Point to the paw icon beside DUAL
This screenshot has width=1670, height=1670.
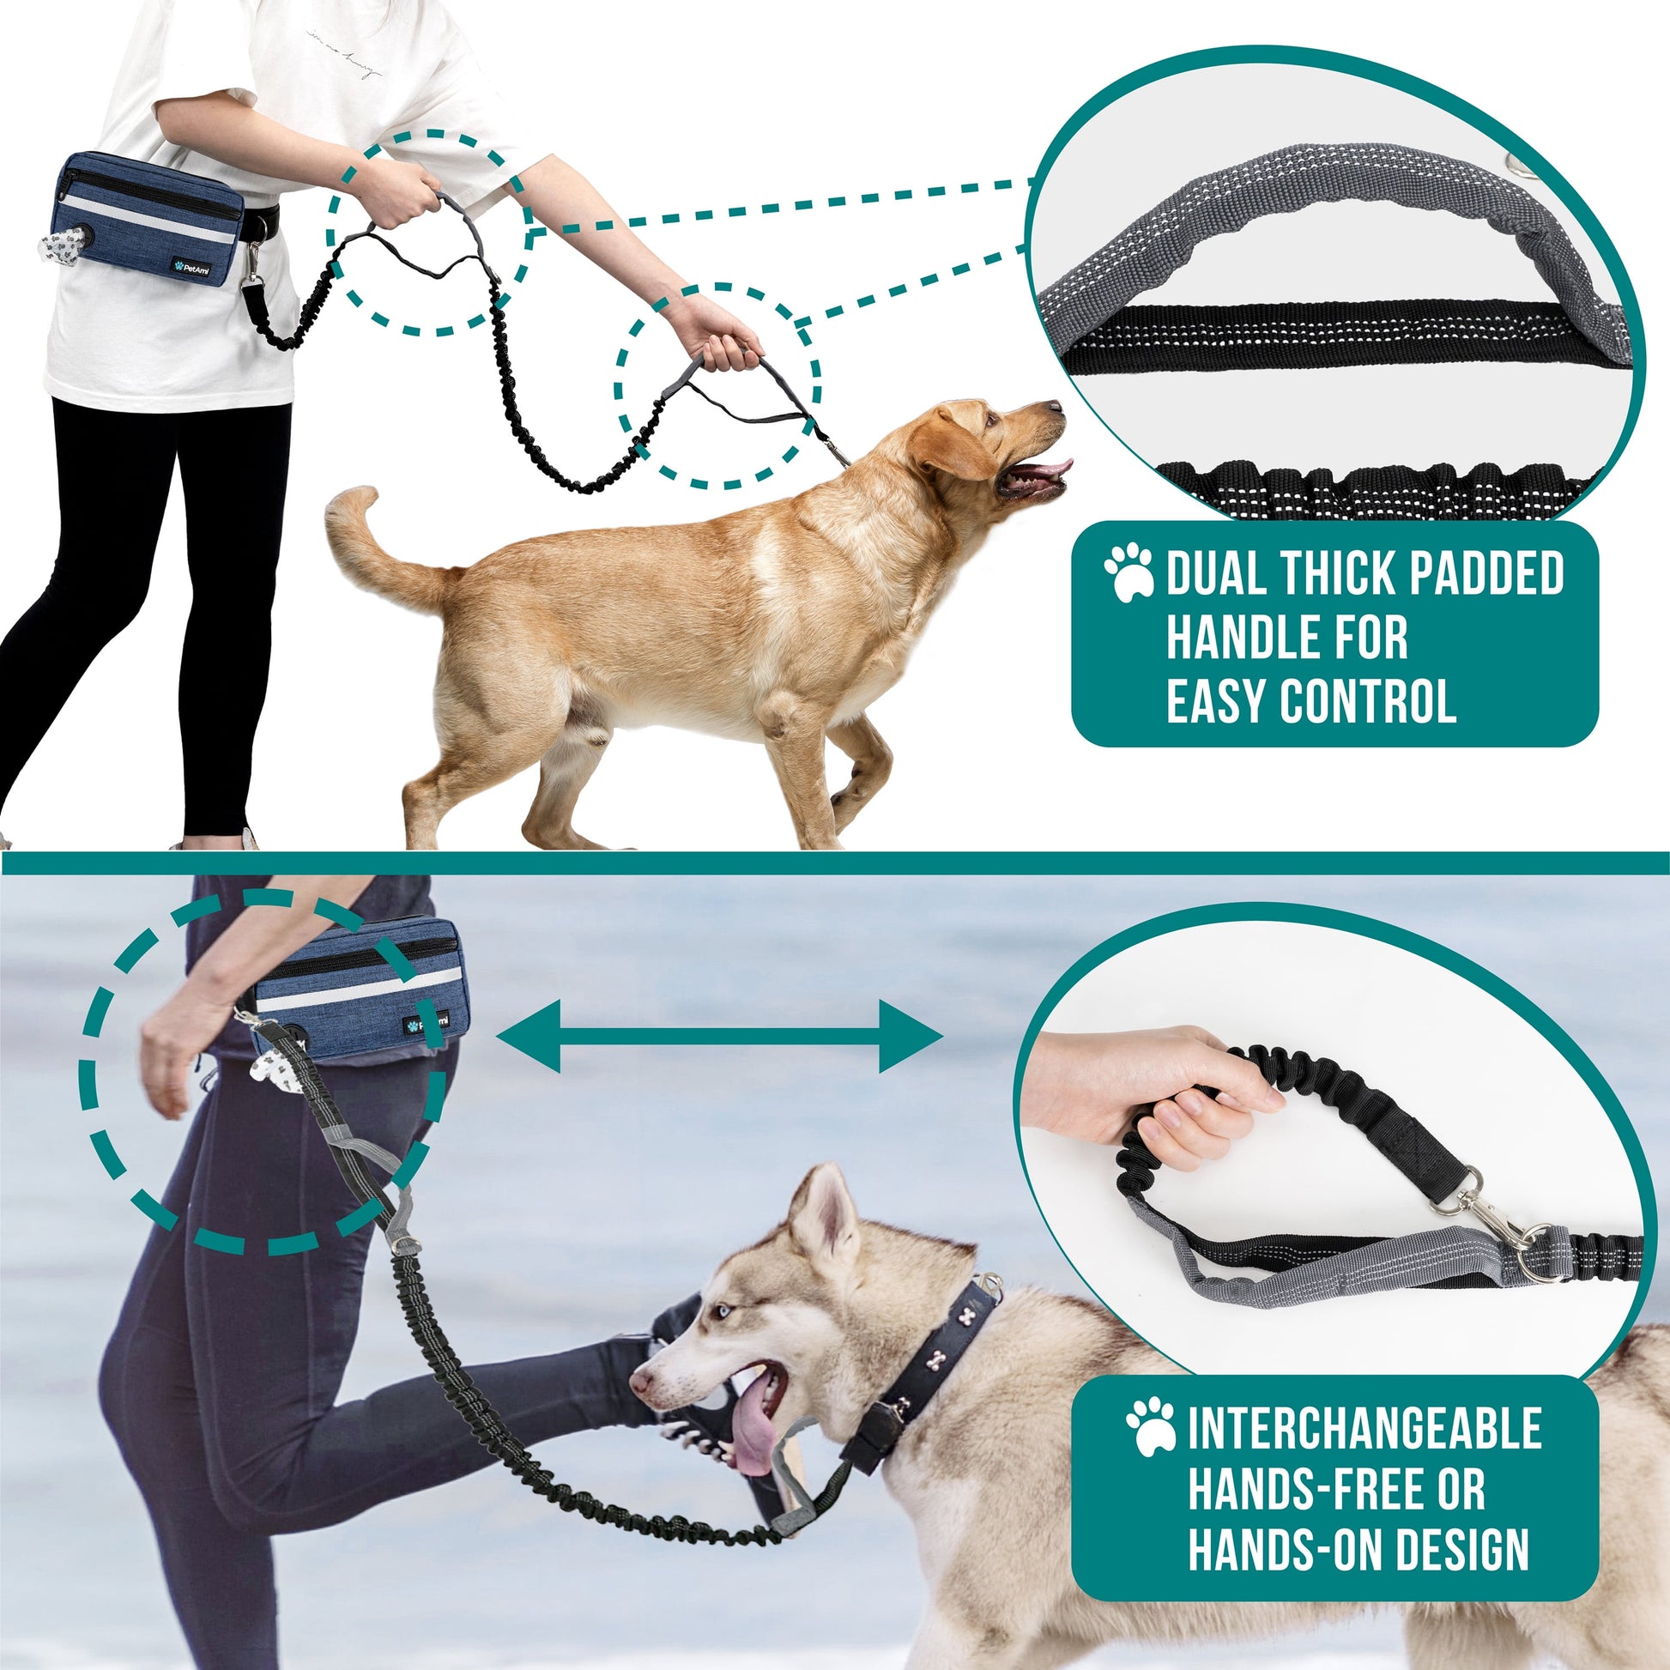[x=1128, y=572]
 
